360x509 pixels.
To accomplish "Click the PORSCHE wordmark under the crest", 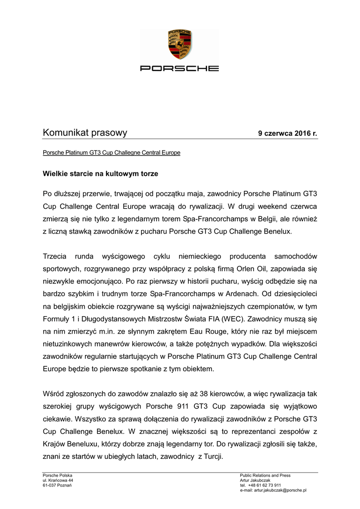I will (180, 68).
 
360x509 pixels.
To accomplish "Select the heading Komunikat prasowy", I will (85, 133).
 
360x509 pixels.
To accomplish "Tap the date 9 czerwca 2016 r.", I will (287, 134).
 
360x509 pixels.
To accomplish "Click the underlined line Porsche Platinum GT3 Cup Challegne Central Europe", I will (111, 153).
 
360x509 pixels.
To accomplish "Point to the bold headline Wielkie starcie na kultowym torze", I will (100, 174).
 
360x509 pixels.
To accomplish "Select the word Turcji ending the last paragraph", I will (212, 457).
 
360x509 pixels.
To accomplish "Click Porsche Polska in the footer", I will (58, 476).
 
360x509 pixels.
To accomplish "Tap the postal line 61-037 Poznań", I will (57, 485).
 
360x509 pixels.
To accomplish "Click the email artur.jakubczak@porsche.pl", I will (280, 490).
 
